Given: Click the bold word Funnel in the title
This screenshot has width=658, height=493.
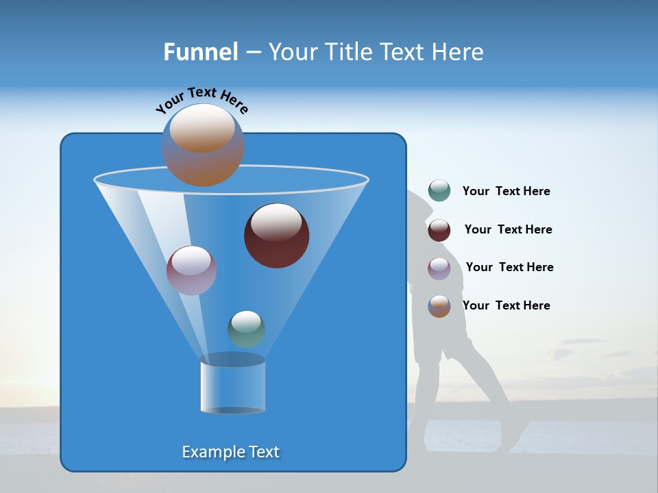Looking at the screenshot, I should point(201,52).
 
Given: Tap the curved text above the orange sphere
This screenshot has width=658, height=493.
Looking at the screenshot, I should point(202,101).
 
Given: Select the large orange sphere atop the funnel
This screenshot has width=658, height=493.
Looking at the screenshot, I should point(203,146).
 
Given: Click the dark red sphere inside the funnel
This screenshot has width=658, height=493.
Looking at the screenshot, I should point(276,236).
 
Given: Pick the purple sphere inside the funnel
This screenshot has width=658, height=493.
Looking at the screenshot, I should point(191,270).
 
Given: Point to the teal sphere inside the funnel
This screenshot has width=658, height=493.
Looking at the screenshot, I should point(246,329).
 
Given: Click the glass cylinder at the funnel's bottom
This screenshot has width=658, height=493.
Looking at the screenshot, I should point(232,385).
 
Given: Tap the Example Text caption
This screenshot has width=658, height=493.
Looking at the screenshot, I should point(231,452).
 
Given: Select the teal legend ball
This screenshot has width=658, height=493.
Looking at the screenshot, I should point(439,191).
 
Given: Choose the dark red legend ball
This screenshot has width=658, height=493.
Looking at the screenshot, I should point(439,230).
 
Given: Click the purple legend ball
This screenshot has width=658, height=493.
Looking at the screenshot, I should point(439,268).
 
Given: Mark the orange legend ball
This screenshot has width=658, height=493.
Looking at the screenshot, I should point(439,306).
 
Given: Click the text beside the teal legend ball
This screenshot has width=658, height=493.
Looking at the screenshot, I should point(506,192).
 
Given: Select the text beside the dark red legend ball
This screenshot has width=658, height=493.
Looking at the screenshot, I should point(508,230).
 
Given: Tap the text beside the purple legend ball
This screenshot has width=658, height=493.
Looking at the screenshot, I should point(509,268).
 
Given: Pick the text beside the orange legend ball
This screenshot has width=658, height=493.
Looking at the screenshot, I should point(506,306).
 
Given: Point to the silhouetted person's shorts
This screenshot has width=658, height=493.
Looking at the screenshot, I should point(452,346).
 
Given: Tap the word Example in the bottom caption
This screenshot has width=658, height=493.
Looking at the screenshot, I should point(210,452).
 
